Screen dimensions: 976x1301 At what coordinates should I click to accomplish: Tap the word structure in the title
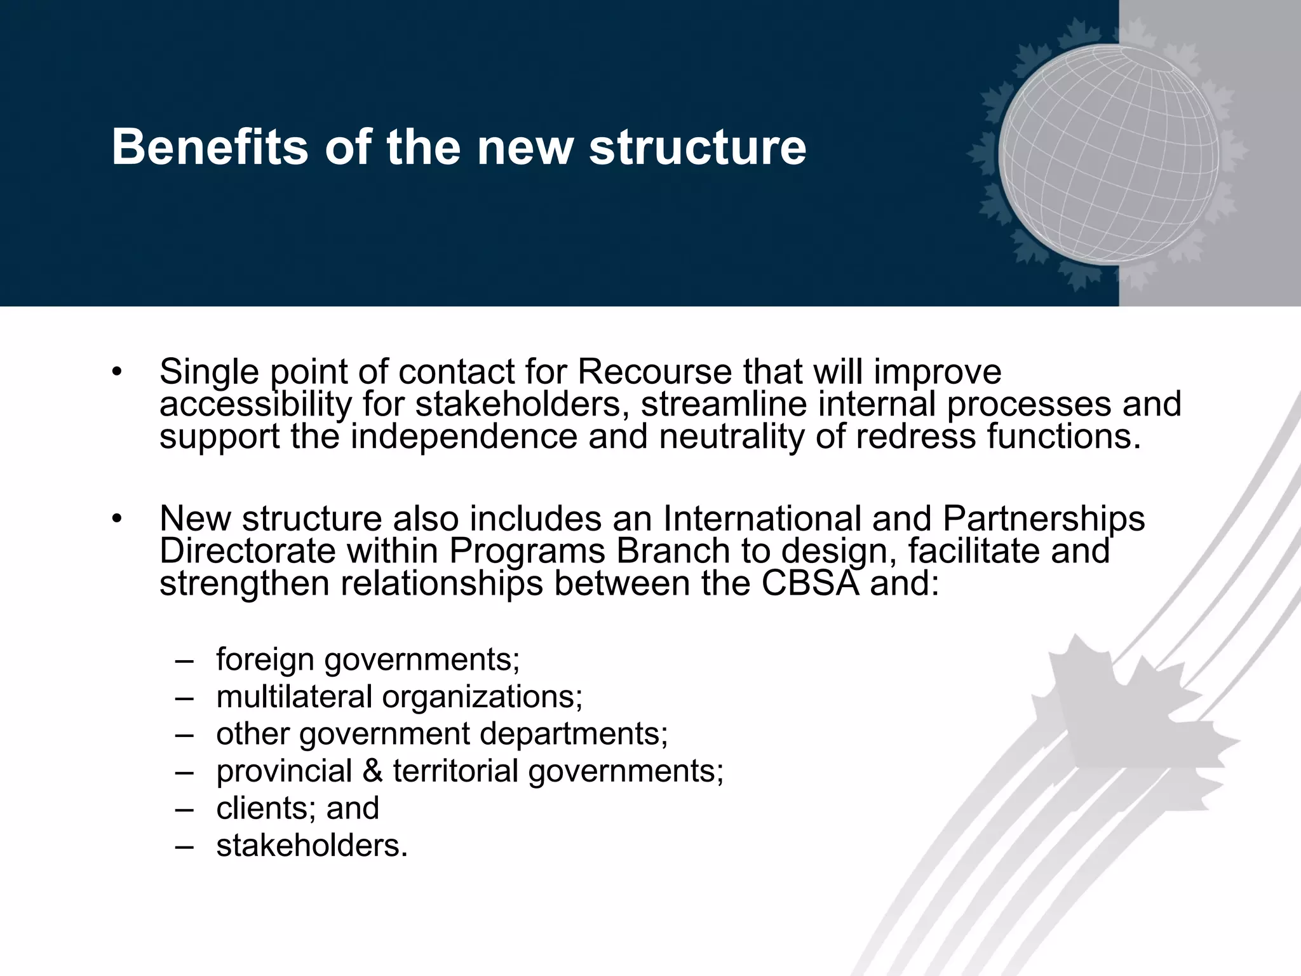pyautogui.click(x=697, y=147)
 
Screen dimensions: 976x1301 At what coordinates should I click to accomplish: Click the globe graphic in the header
pyautogui.click(x=1109, y=154)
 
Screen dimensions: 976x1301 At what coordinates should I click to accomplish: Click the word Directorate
pyautogui.click(x=247, y=551)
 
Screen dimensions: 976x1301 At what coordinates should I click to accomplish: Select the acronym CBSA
pyautogui.click(x=809, y=583)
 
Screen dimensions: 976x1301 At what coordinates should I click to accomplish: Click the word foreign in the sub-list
pyautogui.click(x=265, y=659)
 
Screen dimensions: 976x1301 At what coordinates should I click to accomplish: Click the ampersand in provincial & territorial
pyautogui.click(x=372, y=771)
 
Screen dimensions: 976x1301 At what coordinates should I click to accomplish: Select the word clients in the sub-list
pyautogui.click(x=266, y=808)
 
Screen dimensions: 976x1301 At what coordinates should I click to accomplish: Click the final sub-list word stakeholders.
pyautogui.click(x=311, y=846)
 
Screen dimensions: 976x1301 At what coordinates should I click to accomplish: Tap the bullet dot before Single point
pyautogui.click(x=116, y=373)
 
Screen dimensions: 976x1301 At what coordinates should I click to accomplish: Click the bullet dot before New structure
pyautogui.click(x=116, y=520)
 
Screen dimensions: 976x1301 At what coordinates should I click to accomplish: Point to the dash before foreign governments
pyautogui.click(x=184, y=661)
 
